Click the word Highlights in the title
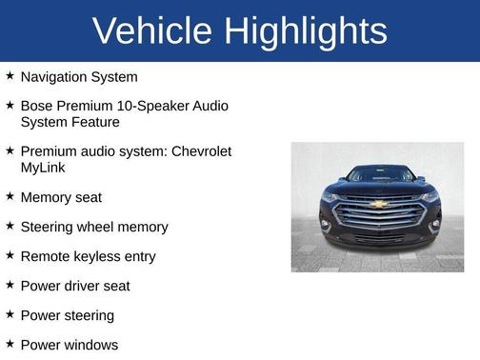tap(307, 31)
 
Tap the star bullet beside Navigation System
tap(10, 75)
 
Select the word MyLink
tap(44, 168)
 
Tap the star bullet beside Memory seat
tap(10, 196)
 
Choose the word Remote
tap(44, 256)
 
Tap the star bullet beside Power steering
tap(10, 314)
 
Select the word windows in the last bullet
tap(91, 345)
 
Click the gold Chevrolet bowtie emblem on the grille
tap(378, 203)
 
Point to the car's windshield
tap(379, 175)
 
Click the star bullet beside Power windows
tap(10, 344)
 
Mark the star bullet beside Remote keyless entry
tap(10, 255)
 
